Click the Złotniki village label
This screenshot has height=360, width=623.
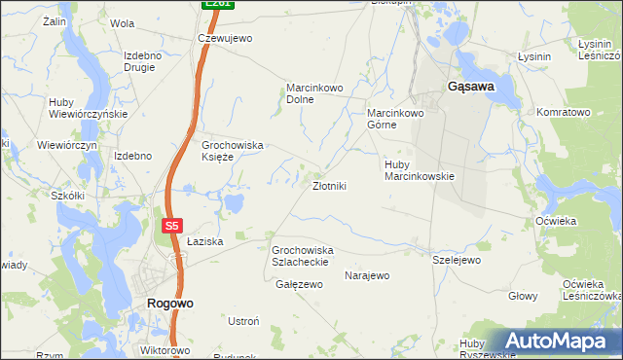click(x=328, y=185)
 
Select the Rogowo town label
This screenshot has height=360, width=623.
click(x=169, y=303)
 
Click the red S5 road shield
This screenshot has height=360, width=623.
click(x=171, y=225)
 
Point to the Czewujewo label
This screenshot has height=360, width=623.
click(x=225, y=38)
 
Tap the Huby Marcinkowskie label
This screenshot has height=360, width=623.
click(x=420, y=170)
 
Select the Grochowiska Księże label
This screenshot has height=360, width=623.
click(x=233, y=151)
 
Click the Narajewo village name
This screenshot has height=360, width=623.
click(x=367, y=275)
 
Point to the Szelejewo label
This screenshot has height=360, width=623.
click(x=457, y=261)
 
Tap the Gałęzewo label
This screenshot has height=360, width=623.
click(x=299, y=284)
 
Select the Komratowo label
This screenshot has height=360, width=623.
click(x=564, y=113)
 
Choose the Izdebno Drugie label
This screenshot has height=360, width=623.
click(x=142, y=61)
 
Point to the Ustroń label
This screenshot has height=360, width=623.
click(x=242, y=321)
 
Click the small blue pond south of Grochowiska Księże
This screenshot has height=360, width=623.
click(x=234, y=203)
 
